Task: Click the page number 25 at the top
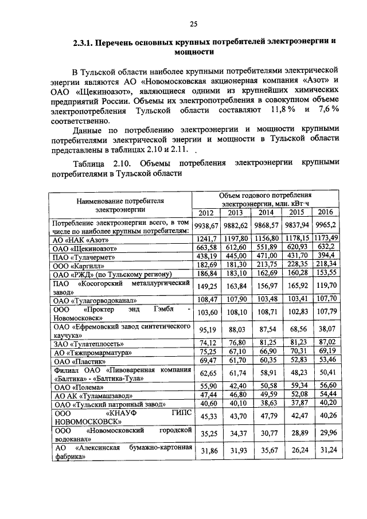click(193, 24)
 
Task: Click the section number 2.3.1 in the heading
click(83, 43)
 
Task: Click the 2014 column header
click(266, 213)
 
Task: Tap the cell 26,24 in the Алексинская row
click(296, 450)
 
